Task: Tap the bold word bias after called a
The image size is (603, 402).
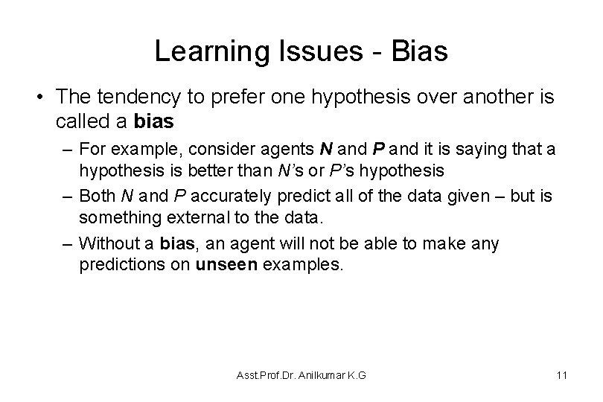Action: pos(153,122)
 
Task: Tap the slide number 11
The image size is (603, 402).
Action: pos(561,375)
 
